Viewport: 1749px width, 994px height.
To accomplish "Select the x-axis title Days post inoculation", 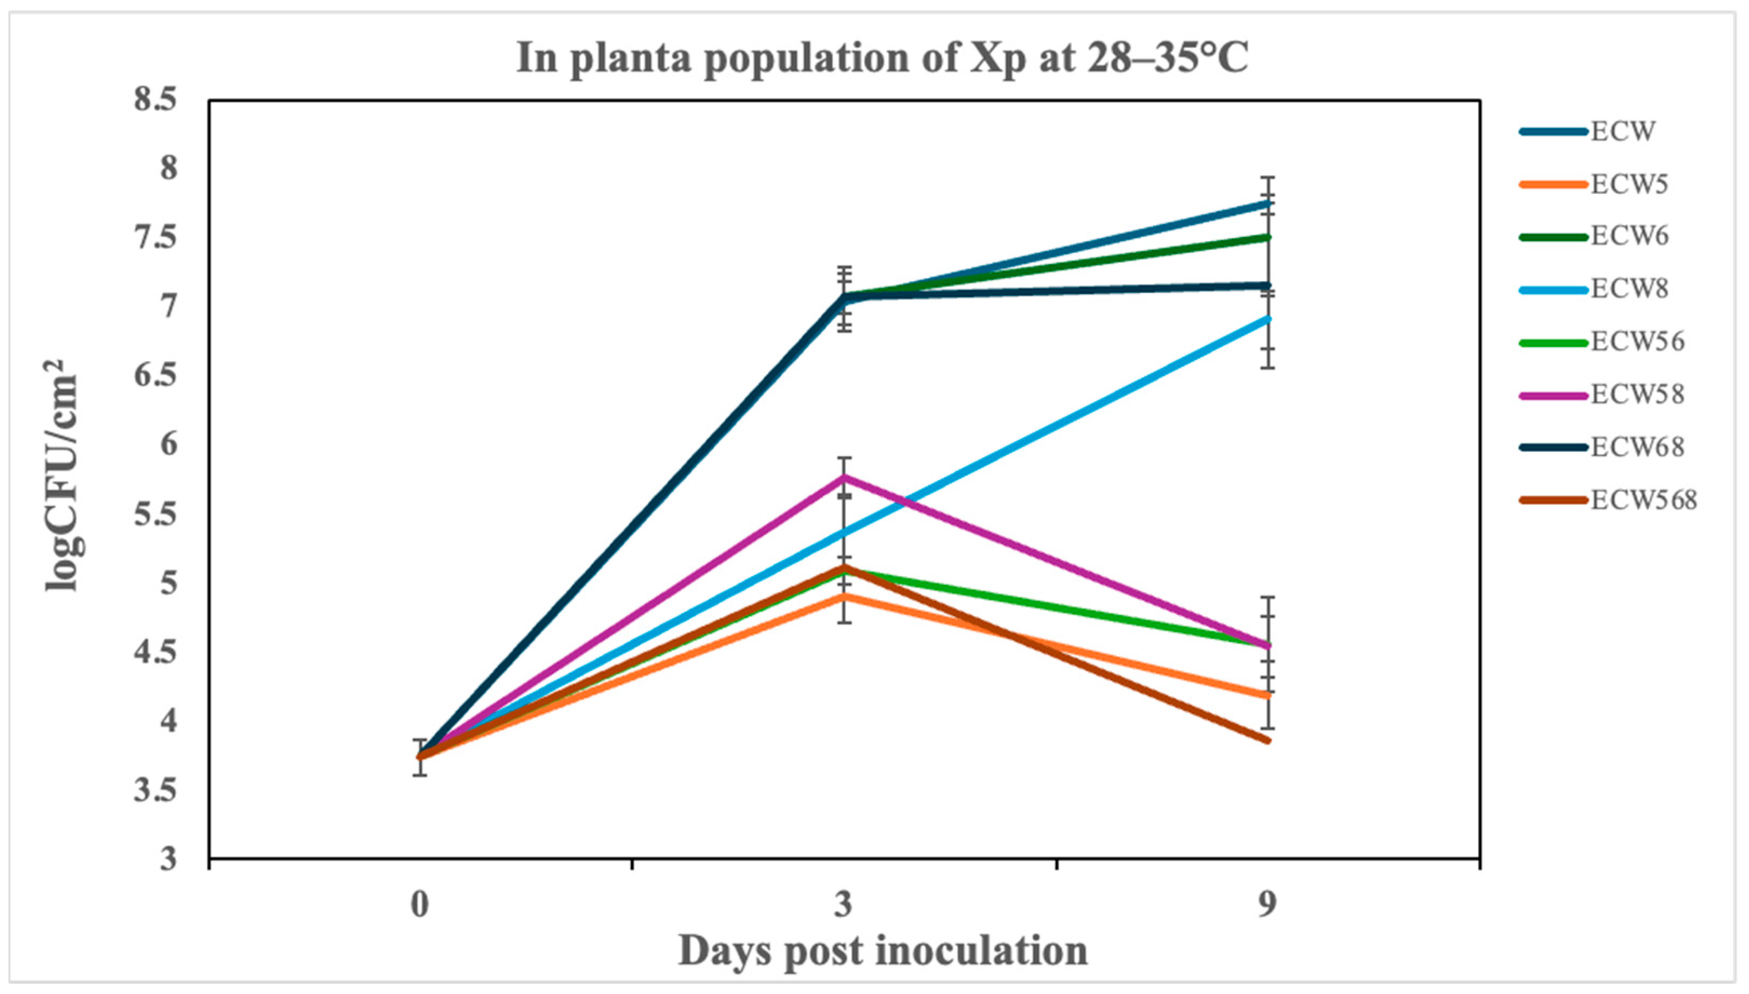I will tap(882, 951).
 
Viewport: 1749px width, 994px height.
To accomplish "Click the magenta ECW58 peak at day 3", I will tap(845, 478).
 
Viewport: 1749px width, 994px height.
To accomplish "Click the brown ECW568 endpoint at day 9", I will tap(1268, 741).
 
